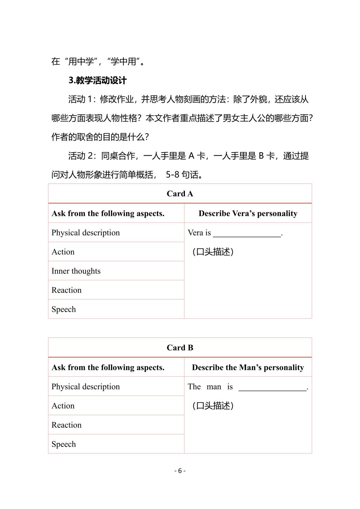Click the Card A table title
(180, 194)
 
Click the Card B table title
(180, 348)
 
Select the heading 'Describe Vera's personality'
(248, 213)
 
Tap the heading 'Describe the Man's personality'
(248, 367)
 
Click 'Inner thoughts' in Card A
(76, 271)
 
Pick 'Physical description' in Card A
(85, 233)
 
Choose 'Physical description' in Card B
(85, 387)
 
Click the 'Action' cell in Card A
(63, 252)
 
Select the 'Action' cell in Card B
(63, 406)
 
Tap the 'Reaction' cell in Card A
(66, 290)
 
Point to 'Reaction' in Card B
(66, 425)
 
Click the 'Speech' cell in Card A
(64, 309)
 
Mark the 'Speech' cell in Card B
(64, 444)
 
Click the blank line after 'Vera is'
(247, 233)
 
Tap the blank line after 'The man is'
(272, 387)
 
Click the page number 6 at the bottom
(180, 471)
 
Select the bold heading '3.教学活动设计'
(97, 80)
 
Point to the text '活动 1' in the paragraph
(81, 99)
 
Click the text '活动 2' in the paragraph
(81, 156)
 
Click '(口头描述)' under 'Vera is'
(213, 252)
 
